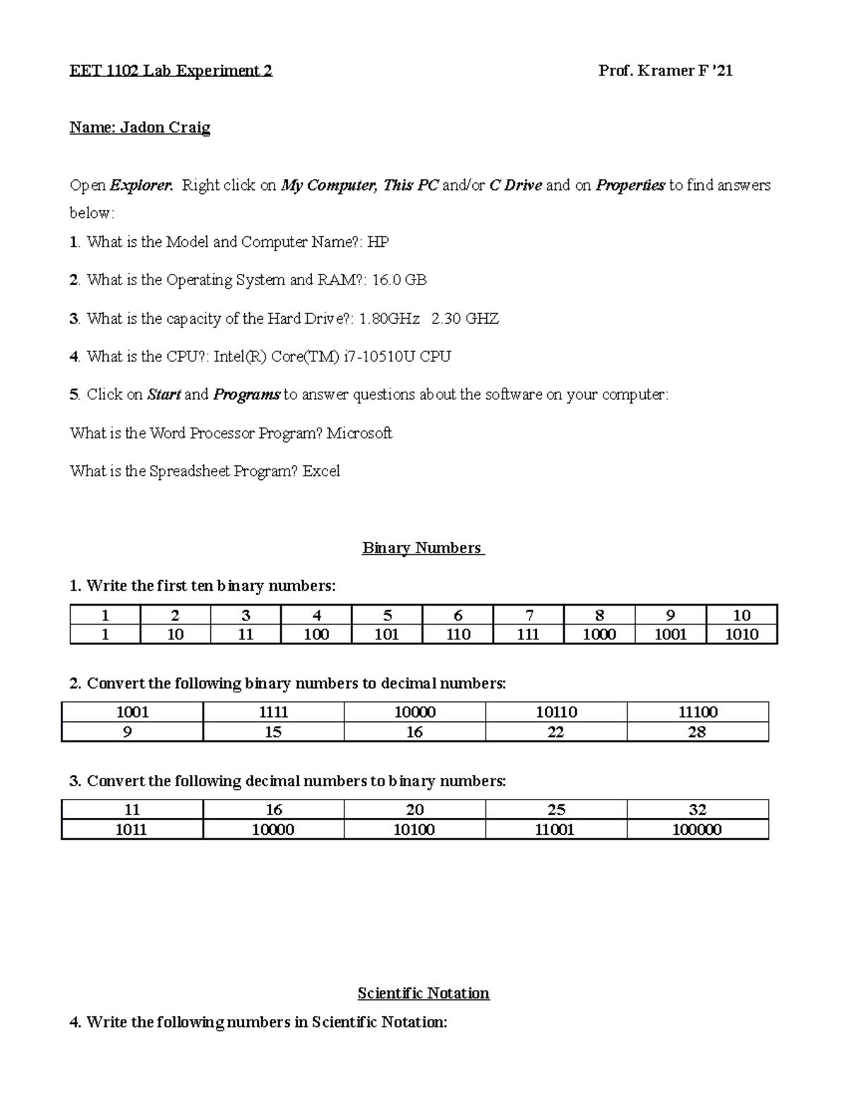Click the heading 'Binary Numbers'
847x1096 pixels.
point(422,548)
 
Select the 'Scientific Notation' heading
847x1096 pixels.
point(423,993)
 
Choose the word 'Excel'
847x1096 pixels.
point(321,471)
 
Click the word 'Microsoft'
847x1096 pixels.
point(359,433)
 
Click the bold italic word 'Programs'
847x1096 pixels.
point(246,395)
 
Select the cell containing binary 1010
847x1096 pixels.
point(741,634)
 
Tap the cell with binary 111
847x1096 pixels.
point(528,634)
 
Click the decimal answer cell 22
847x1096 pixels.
point(555,732)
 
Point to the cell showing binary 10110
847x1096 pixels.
point(555,712)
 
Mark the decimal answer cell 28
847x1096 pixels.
point(697,732)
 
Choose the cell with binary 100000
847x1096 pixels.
point(697,829)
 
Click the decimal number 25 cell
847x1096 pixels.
point(555,809)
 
